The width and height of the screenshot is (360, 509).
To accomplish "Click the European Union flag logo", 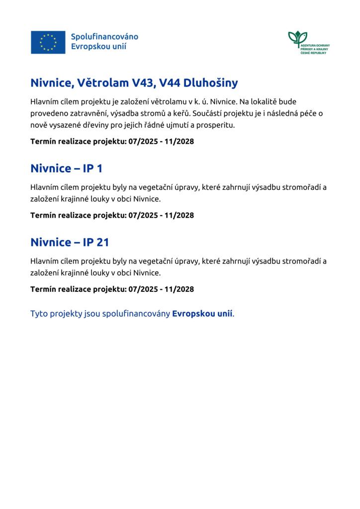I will click(x=48, y=42).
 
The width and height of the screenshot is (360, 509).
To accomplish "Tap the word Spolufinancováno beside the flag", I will click(x=104, y=37).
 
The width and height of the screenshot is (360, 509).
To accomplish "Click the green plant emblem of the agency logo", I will click(x=297, y=38).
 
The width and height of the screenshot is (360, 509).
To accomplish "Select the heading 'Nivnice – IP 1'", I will click(x=66, y=168).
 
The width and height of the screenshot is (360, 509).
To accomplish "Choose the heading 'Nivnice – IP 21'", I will click(x=70, y=242).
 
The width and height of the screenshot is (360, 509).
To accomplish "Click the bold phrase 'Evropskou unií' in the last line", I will click(x=202, y=314).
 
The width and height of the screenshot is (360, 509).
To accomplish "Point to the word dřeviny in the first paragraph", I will click(x=101, y=125).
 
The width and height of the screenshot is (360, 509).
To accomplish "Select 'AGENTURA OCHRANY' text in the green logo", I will click(x=315, y=46).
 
